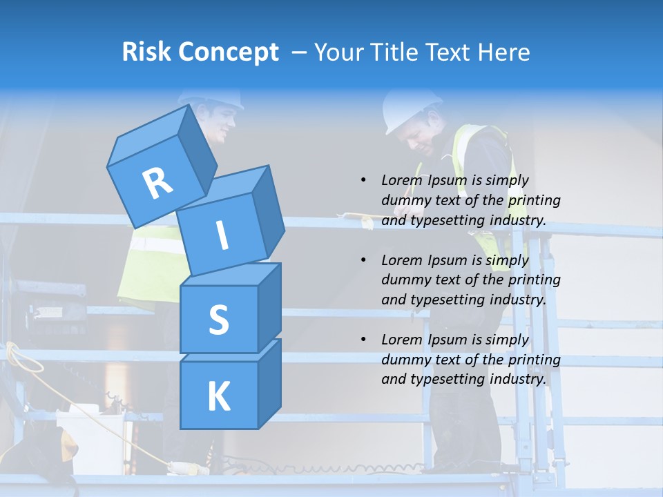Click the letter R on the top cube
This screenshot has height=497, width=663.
pos(158,184)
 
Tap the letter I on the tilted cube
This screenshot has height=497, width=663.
pos(222,235)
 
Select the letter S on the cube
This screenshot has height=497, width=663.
pos(218,320)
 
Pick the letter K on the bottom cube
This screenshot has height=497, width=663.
pos(218,396)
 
